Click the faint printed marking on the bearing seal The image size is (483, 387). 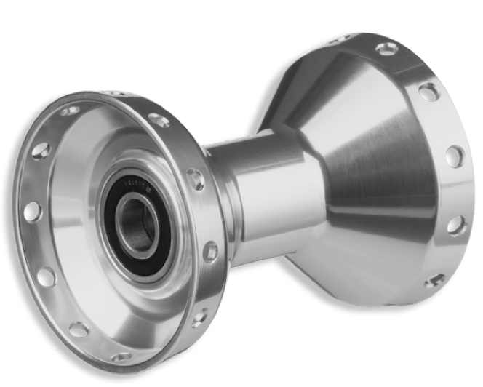[x=135, y=180]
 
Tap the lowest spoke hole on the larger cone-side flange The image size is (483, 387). [x=434, y=280]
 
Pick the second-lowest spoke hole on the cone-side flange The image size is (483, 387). [x=455, y=226]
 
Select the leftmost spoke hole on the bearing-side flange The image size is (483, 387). [x=31, y=212]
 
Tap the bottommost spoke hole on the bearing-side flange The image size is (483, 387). [x=122, y=357]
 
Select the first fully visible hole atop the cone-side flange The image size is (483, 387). [x=387, y=49]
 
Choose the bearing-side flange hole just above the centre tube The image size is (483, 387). [x=195, y=178]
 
